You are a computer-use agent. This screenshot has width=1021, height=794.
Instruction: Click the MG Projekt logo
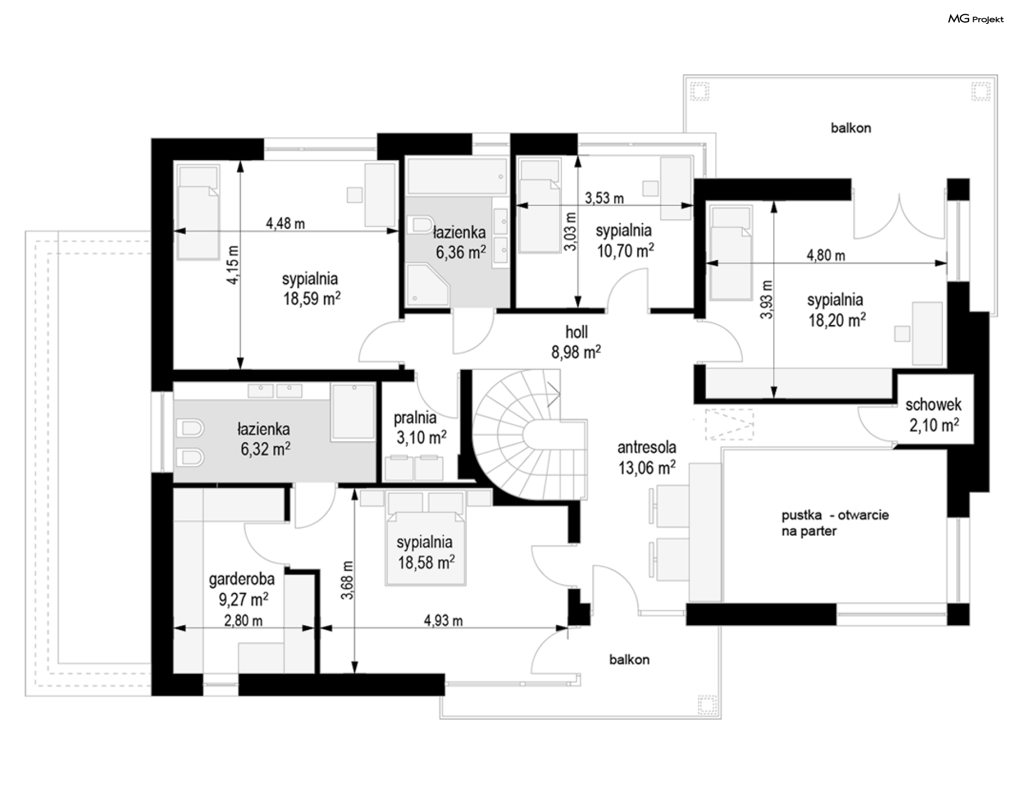pyautogui.click(x=976, y=19)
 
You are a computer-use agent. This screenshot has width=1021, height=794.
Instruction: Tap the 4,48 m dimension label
pyautogui.click(x=286, y=224)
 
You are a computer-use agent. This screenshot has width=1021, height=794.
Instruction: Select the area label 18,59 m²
pyautogui.click(x=312, y=299)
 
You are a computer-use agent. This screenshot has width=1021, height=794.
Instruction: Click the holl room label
pyautogui.click(x=576, y=332)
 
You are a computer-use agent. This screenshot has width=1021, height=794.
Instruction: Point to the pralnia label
pyautogui.click(x=415, y=418)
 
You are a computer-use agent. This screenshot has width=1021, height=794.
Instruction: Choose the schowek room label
pyautogui.click(x=933, y=404)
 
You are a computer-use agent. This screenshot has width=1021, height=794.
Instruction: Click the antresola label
pyautogui.click(x=647, y=448)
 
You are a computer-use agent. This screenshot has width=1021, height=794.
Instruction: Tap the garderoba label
pyautogui.click(x=242, y=579)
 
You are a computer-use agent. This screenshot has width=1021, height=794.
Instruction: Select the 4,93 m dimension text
pyautogui.click(x=443, y=621)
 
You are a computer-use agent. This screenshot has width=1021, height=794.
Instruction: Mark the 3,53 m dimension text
pyautogui.click(x=604, y=198)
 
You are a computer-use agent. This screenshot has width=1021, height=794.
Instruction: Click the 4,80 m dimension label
pyautogui.click(x=826, y=255)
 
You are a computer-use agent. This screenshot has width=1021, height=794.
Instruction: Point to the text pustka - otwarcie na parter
pyautogui.click(x=835, y=523)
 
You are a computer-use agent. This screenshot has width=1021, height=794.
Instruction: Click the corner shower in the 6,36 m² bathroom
pyautogui.click(x=428, y=286)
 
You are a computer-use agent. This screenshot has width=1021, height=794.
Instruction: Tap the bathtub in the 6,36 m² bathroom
pyautogui.click(x=457, y=177)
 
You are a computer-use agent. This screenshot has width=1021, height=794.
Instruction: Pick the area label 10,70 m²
pyautogui.click(x=625, y=251)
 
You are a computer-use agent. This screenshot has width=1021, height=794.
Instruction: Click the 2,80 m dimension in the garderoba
pyautogui.click(x=243, y=621)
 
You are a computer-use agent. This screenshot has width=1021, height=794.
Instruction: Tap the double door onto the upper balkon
pyautogui.click(x=899, y=217)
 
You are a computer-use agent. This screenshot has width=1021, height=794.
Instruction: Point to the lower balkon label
pyautogui.click(x=629, y=660)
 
